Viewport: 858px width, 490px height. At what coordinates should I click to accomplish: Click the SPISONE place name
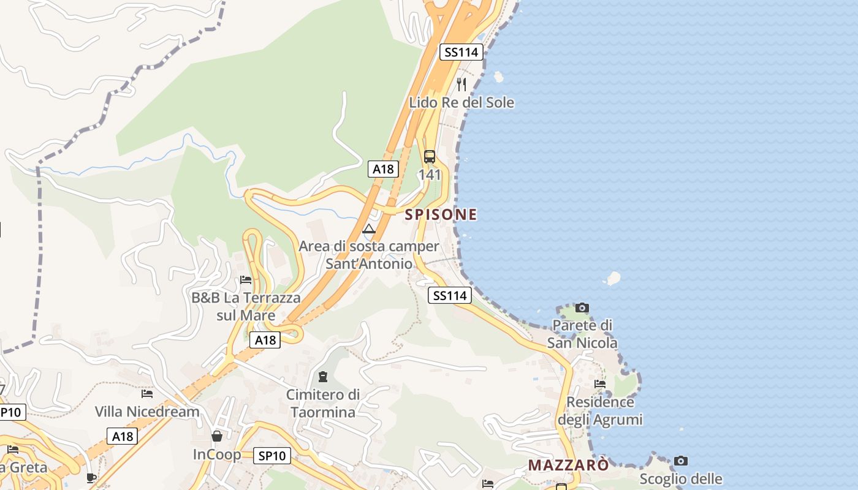(x=441, y=214)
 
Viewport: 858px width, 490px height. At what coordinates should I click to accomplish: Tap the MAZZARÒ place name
(x=569, y=465)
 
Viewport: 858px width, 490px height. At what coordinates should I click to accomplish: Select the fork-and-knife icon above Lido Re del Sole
(x=461, y=84)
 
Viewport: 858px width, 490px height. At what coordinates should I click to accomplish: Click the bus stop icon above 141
(x=430, y=156)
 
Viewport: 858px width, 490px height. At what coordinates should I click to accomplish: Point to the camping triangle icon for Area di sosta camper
(x=369, y=230)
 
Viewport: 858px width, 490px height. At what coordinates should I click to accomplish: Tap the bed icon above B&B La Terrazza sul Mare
(x=246, y=280)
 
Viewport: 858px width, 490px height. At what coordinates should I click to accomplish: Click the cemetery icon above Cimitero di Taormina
(x=323, y=376)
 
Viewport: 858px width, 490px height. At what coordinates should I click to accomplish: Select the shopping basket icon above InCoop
(x=217, y=436)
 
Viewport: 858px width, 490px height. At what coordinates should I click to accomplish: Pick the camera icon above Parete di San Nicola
(x=582, y=307)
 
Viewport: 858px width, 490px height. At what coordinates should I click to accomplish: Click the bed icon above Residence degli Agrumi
(x=600, y=384)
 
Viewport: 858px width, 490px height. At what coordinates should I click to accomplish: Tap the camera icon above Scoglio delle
(x=681, y=461)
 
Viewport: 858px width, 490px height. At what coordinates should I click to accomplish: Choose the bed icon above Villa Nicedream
(x=147, y=393)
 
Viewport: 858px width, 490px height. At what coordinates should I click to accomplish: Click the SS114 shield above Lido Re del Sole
(x=461, y=52)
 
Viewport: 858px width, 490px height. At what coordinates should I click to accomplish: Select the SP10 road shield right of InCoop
(x=272, y=456)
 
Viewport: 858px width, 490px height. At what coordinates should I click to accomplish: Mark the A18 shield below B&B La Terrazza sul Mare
(x=265, y=340)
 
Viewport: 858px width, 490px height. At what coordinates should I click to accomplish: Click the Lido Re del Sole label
(x=461, y=102)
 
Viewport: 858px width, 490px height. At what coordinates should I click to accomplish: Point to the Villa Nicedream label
(x=147, y=412)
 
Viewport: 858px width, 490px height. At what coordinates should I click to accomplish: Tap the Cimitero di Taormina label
(x=323, y=403)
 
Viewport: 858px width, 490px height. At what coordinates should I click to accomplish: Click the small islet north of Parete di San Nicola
(x=612, y=279)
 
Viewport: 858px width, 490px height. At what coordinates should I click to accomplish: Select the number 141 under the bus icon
(x=430, y=175)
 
